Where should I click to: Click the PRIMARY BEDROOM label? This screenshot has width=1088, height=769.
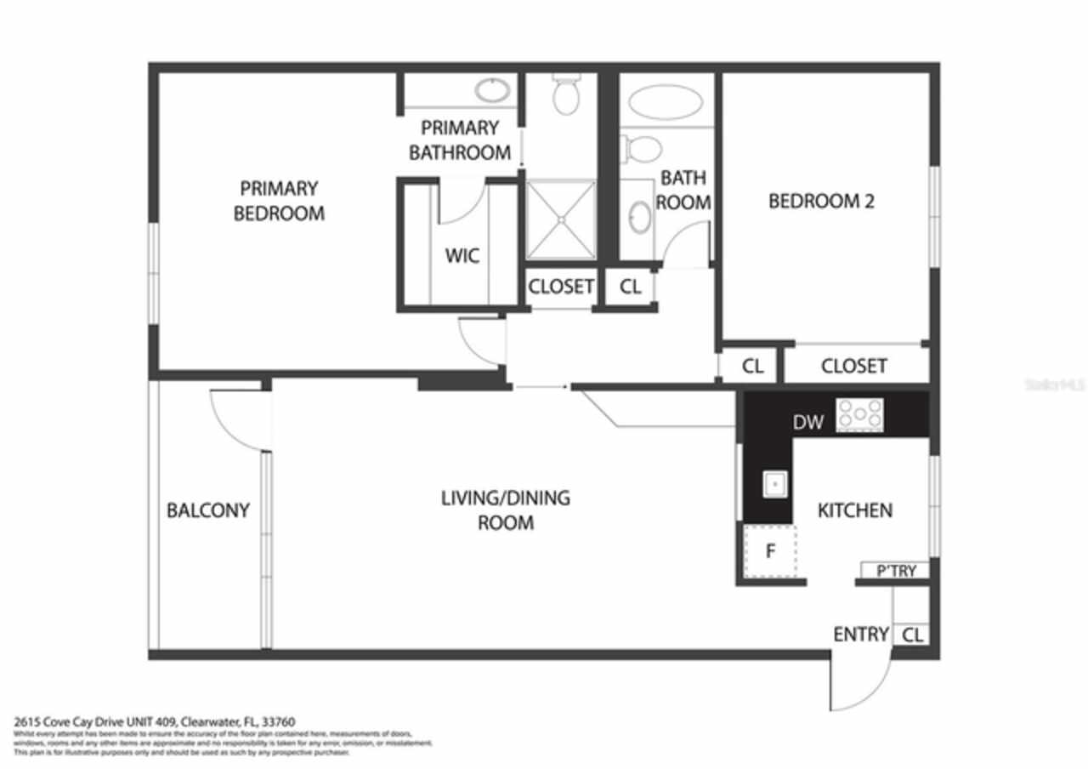click(279, 201)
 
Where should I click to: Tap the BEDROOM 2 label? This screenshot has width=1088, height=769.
click(821, 202)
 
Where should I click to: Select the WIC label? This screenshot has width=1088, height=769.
click(462, 255)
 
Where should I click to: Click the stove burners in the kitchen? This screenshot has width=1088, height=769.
click(859, 415)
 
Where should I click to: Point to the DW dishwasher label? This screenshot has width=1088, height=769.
click(807, 422)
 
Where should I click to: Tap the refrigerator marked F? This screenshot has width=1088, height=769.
click(771, 551)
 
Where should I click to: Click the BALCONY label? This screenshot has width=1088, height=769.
click(207, 510)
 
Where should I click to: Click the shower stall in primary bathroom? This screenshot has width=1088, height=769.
click(560, 219)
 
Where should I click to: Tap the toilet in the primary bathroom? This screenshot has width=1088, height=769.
click(566, 93)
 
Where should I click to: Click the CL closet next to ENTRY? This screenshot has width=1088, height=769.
click(912, 635)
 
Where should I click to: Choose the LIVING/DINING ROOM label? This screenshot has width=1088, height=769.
click(505, 510)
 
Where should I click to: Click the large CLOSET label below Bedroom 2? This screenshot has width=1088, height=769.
click(853, 366)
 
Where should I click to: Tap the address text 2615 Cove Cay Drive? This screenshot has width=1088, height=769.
click(154, 721)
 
